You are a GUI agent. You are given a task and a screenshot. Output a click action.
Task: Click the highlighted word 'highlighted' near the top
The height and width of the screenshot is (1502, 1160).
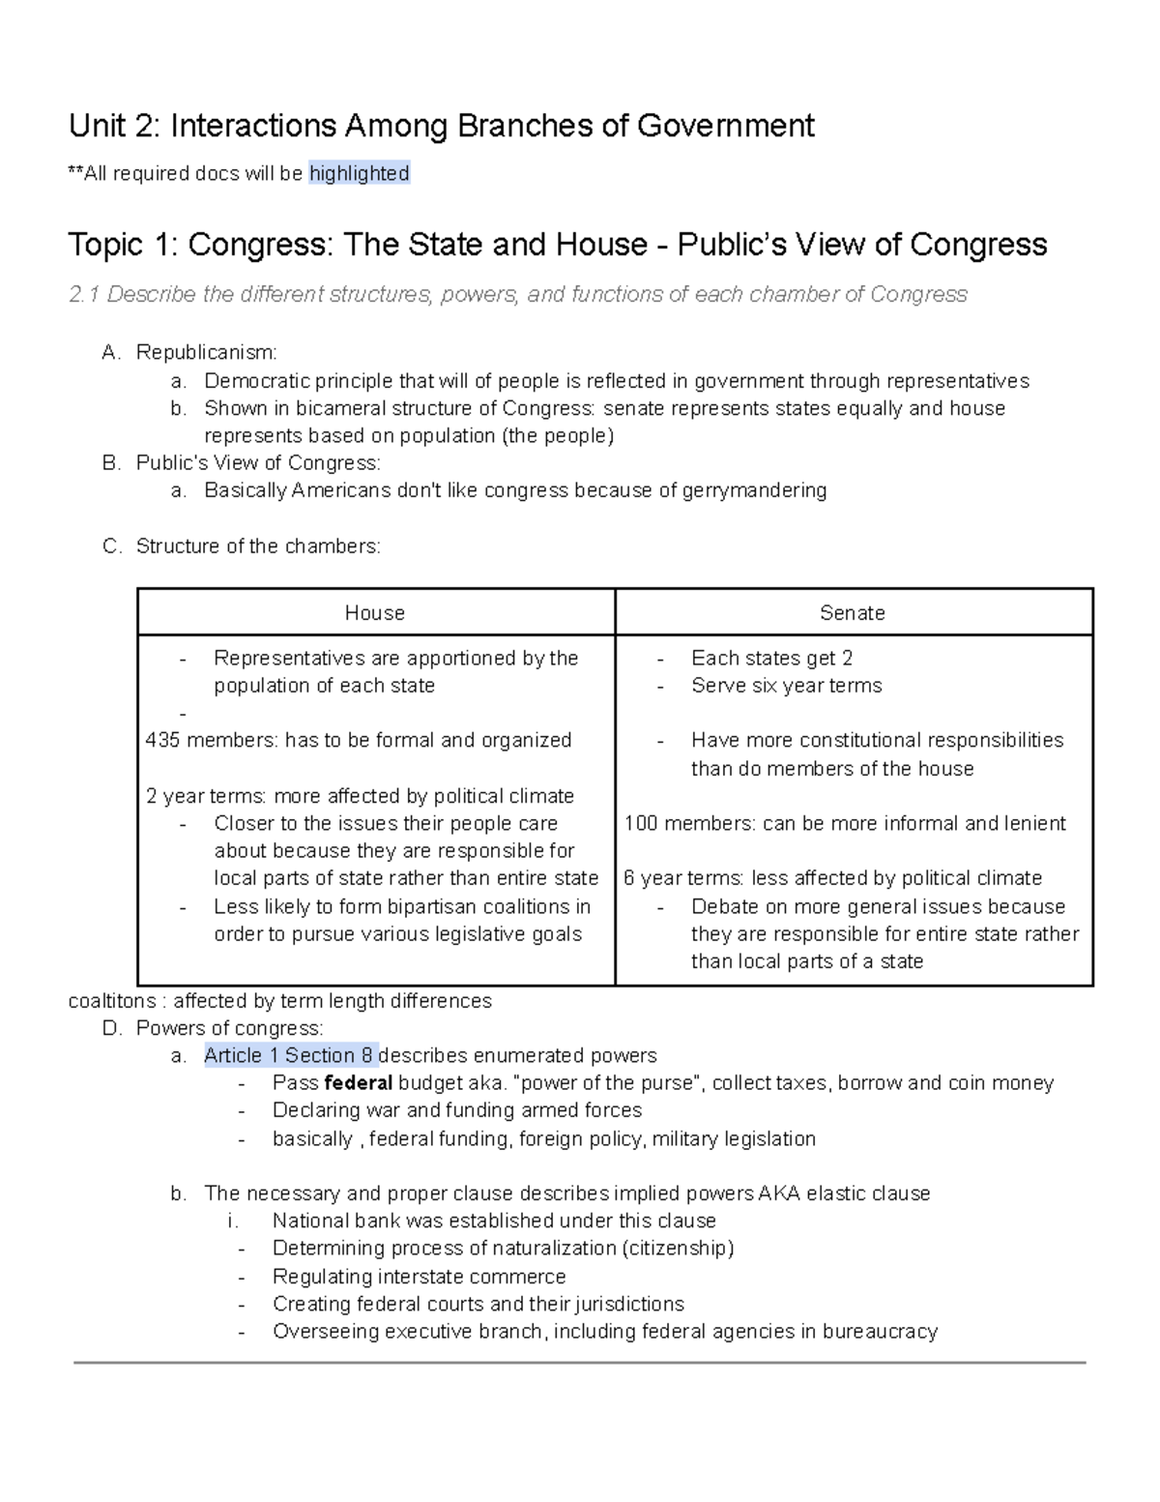[359, 174]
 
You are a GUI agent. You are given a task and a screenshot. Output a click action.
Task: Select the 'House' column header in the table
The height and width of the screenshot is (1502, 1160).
[375, 613]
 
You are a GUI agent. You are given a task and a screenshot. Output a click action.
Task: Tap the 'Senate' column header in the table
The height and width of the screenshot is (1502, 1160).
[852, 613]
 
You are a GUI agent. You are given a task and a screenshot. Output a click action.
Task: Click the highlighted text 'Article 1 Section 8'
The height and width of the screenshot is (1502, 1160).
[289, 1055]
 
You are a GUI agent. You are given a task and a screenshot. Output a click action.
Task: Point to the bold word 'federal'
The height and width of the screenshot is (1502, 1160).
[359, 1083]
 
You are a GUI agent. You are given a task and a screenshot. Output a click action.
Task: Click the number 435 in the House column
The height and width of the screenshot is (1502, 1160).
[162, 741]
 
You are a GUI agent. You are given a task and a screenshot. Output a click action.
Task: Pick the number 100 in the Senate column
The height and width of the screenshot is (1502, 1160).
[641, 824]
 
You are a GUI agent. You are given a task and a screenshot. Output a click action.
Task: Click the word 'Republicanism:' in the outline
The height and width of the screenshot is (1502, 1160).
[206, 353]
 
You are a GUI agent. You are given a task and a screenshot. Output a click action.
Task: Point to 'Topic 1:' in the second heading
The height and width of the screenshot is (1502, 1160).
[123, 245]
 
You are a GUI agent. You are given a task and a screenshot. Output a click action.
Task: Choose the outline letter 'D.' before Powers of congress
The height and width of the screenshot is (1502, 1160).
[112, 1028]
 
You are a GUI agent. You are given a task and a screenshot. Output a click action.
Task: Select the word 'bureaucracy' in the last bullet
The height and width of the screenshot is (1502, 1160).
[880, 1332]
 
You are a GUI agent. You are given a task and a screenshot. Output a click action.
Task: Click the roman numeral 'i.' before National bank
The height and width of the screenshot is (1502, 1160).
[233, 1221]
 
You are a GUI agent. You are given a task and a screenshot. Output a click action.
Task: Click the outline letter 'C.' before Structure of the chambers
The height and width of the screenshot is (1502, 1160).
[112, 546]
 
